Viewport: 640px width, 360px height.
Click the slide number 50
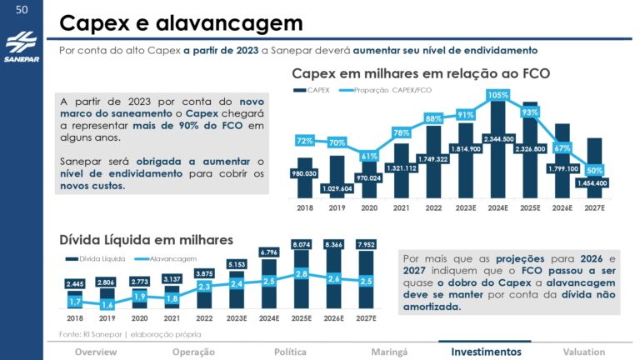tap(22, 10)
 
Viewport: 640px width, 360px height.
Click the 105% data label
tap(498, 95)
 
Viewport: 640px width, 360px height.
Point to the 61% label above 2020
tap(369, 156)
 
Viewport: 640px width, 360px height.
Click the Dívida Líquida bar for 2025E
tap(302, 283)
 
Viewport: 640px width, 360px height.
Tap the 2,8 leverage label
tap(302, 273)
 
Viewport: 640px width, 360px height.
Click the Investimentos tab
tap(480, 352)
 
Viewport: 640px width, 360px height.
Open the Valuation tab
tap(583, 352)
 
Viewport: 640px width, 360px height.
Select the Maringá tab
tap(389, 352)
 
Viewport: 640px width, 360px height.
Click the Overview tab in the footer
tap(96, 352)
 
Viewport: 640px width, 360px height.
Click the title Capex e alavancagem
tap(181, 22)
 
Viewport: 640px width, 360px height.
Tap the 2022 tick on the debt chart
tap(204, 317)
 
